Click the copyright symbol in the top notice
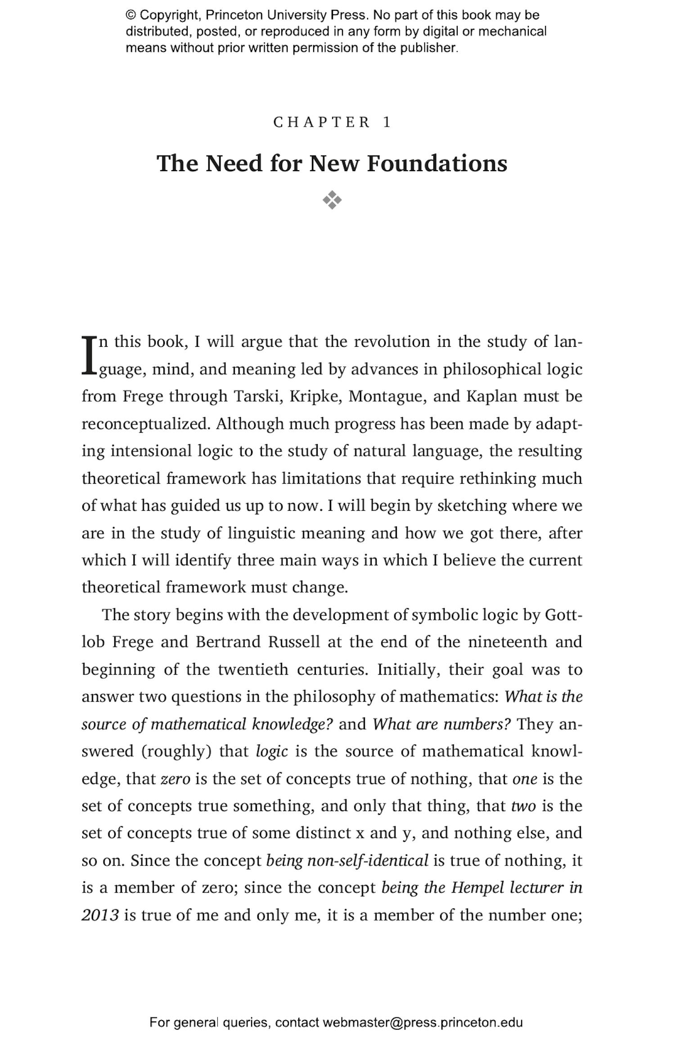[x=130, y=15]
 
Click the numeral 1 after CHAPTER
[x=387, y=123]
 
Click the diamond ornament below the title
[x=332, y=200]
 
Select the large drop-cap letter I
[x=89, y=355]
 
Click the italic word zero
[x=175, y=779]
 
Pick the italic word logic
[x=271, y=751]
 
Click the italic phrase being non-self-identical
[x=347, y=861]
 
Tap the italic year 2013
[x=100, y=915]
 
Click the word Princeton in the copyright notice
[x=234, y=15]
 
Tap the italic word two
[x=523, y=806]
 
